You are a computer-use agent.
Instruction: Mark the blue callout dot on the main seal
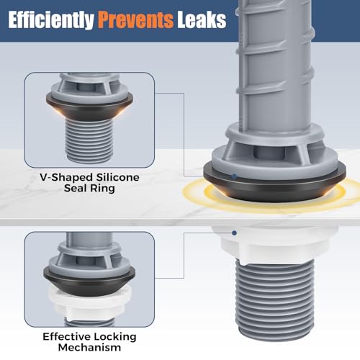234,176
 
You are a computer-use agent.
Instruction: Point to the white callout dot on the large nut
235,232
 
